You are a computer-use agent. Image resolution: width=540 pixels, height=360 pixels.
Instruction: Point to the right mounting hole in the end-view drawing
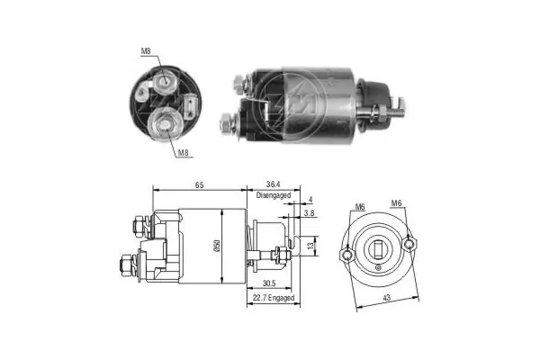(x=409, y=241)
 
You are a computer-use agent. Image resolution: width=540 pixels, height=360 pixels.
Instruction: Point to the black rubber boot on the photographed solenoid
(x=372, y=93)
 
